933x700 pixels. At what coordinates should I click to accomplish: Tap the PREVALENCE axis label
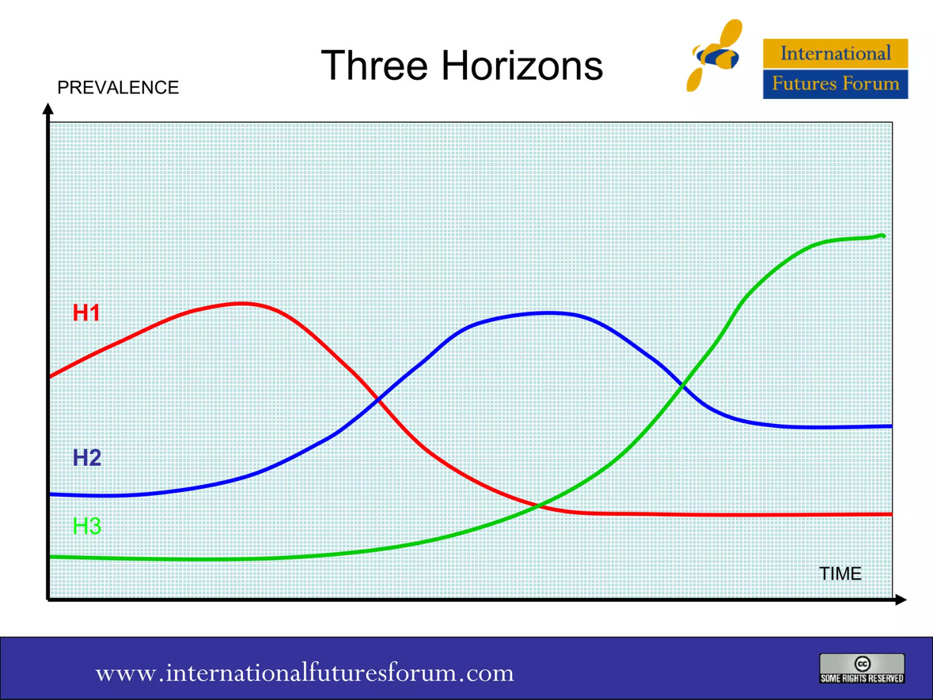(x=119, y=88)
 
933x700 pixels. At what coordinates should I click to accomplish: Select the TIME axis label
(x=840, y=573)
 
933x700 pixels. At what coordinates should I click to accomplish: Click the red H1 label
(x=86, y=313)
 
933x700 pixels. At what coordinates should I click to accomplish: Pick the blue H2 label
(x=86, y=458)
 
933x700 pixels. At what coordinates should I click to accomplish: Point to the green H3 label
(x=86, y=526)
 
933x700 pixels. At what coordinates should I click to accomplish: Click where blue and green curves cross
(x=681, y=385)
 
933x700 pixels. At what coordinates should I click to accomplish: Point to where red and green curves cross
(x=538, y=505)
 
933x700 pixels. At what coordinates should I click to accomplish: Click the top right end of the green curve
(x=882, y=236)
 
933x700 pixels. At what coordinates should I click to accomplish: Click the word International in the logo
(x=835, y=54)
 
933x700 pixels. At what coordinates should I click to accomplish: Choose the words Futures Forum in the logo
(x=835, y=84)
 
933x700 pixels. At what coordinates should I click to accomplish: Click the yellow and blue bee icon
(x=715, y=55)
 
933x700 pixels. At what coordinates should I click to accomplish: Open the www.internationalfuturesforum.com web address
(x=305, y=673)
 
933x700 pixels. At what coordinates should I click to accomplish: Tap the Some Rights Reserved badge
(x=862, y=668)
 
